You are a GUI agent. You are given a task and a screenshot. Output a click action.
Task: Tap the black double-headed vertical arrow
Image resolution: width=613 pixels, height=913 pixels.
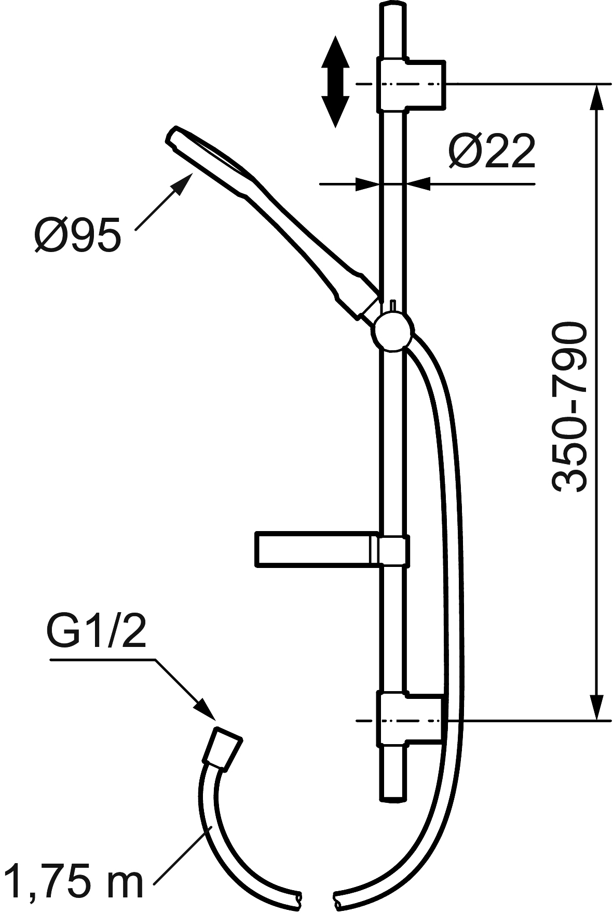335,82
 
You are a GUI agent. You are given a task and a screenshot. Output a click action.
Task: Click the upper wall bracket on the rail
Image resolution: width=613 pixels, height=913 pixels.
410,84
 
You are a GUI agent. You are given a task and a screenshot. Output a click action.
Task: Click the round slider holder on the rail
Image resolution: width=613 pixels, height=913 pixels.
393,331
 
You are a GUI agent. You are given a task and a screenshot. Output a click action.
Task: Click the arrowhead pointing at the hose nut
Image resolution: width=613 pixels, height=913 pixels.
206,710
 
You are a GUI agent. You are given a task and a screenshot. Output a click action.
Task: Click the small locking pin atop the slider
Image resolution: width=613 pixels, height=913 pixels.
393,305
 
